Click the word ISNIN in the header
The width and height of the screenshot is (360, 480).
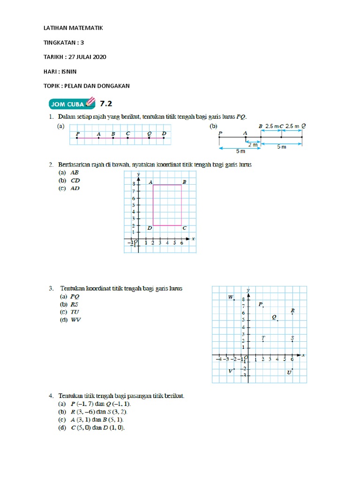67,71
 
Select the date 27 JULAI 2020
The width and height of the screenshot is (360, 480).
87,57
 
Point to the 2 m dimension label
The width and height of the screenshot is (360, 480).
253,144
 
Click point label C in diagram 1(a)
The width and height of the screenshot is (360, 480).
127,133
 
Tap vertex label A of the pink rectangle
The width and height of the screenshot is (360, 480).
150,182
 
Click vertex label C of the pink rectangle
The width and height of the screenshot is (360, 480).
184,228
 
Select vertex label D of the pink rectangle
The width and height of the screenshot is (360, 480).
149,228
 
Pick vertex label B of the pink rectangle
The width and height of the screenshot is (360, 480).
184,182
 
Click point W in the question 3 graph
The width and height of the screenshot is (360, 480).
231,297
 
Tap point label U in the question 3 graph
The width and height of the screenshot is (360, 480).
289,372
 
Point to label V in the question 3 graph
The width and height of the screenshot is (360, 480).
230,371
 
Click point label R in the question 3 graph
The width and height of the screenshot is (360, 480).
292,310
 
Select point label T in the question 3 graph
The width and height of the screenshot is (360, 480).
263,337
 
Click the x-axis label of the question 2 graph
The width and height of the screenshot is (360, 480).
193,239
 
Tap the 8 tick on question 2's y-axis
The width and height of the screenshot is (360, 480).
133,185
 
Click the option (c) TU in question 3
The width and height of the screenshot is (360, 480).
70,312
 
